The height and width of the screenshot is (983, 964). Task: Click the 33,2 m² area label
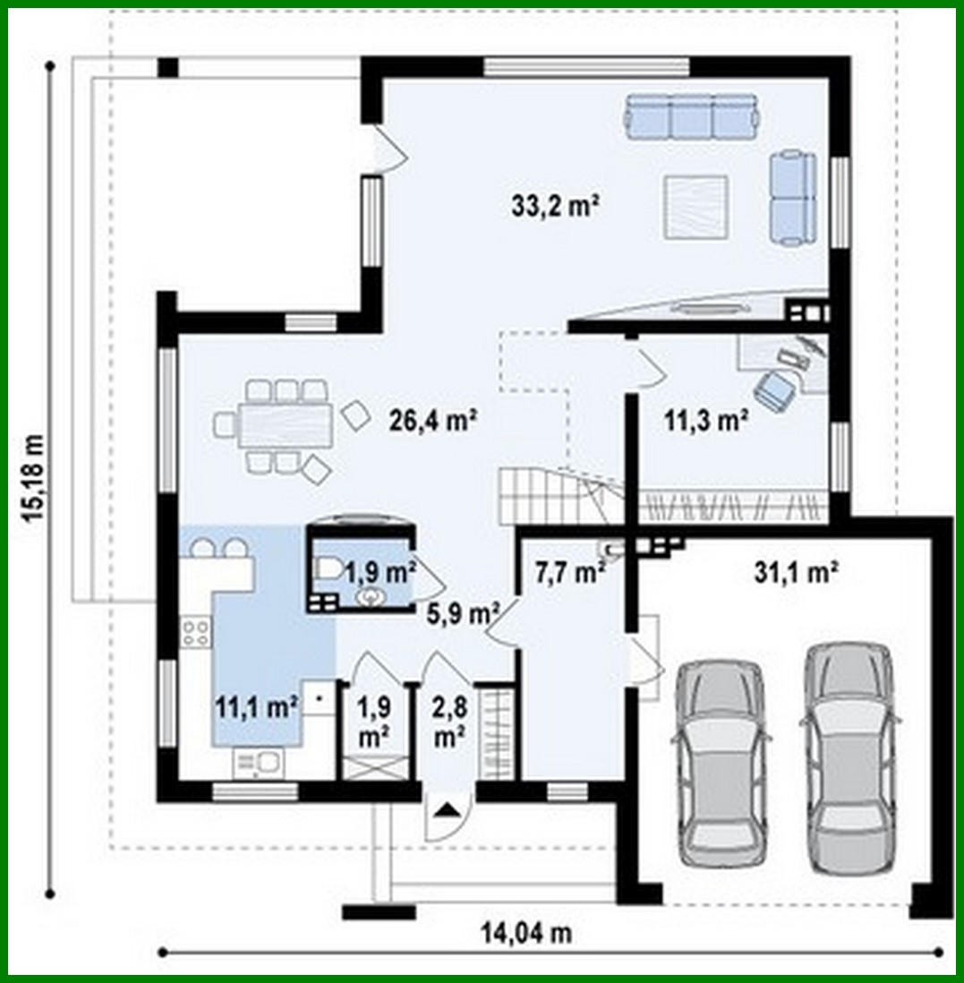pos(555,207)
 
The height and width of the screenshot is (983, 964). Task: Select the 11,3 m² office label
pos(705,419)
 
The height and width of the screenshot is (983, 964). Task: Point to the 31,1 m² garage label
pos(795,573)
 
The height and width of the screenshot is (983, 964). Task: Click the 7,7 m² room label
pos(569,572)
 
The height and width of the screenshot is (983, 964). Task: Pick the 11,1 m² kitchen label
pos(256,707)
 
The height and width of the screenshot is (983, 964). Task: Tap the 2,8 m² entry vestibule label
pos(448,724)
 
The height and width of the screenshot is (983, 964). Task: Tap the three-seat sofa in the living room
pos(692,117)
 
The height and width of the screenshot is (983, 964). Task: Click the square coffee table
pos(695,208)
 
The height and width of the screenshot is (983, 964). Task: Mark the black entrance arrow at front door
pos(448,811)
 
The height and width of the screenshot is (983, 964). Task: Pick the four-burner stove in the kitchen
pos(195,633)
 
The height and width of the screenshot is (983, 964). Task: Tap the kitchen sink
pos(258,762)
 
